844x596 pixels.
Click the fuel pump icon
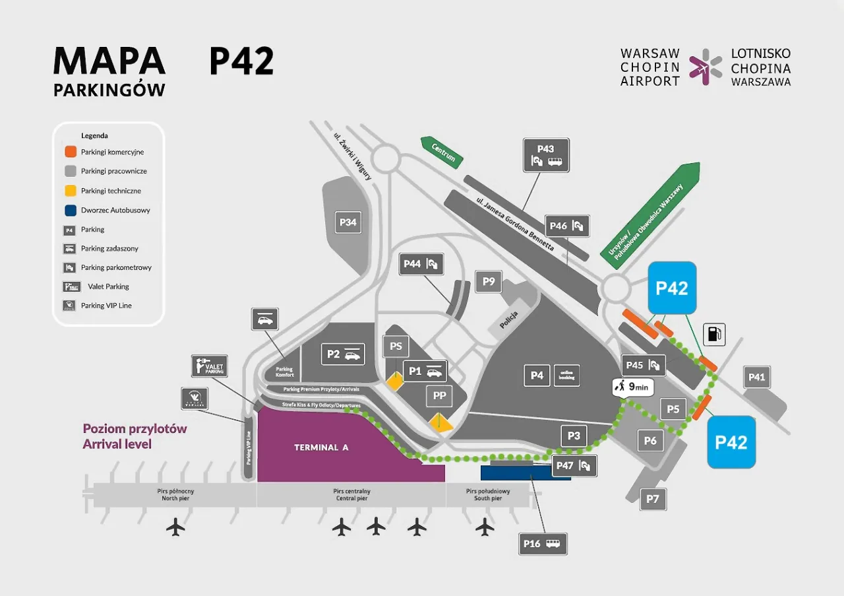point(714,334)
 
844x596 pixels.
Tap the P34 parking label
point(347,222)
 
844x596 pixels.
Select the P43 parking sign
point(545,155)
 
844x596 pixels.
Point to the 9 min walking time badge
point(632,387)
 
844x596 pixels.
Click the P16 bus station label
point(542,544)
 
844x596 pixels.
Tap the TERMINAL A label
point(320,447)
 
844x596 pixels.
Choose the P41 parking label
point(756,377)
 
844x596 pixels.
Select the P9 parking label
point(488,282)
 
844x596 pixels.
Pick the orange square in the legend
point(69,152)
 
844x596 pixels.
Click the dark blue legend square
point(69,210)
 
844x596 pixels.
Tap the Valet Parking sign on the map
point(210,366)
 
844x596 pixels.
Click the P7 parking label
point(652,499)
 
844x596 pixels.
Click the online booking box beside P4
point(566,375)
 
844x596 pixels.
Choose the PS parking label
point(396,347)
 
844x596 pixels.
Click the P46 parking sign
point(567,226)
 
